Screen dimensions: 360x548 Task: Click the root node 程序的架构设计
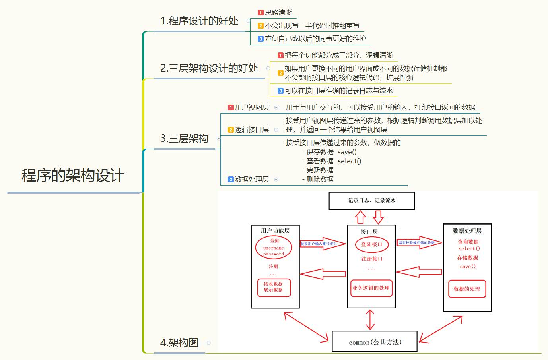pyautogui.click(x=73, y=176)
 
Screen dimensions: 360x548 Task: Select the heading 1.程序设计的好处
pyautogui.click(x=199, y=21)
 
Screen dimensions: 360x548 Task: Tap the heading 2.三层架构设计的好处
pyautogui.click(x=209, y=68)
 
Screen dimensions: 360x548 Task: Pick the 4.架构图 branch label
pyautogui.click(x=179, y=343)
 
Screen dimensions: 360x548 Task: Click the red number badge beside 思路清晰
pyautogui.click(x=260, y=13)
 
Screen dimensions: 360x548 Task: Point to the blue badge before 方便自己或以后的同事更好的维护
pyautogui.click(x=260, y=39)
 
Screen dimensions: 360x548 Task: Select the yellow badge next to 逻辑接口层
pyautogui.click(x=231, y=130)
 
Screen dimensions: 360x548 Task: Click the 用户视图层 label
pyautogui.click(x=252, y=108)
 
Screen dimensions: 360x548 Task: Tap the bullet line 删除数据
pyautogui.click(x=320, y=179)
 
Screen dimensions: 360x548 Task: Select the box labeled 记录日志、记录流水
pyautogui.click(x=371, y=201)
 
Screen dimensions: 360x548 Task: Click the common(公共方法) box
pyautogui.click(x=375, y=342)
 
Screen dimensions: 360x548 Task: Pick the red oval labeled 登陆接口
pyautogui.click(x=371, y=244)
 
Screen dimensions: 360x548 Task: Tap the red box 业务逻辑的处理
pyautogui.click(x=371, y=288)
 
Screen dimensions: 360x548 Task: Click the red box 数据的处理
pyautogui.click(x=467, y=289)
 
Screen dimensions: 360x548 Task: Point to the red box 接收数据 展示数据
pyautogui.click(x=274, y=287)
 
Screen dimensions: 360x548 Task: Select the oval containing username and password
pyautogui.click(x=274, y=247)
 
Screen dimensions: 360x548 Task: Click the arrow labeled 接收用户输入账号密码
pyautogui.click(x=322, y=244)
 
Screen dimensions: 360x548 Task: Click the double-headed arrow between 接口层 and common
pyautogui.click(x=370, y=319)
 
